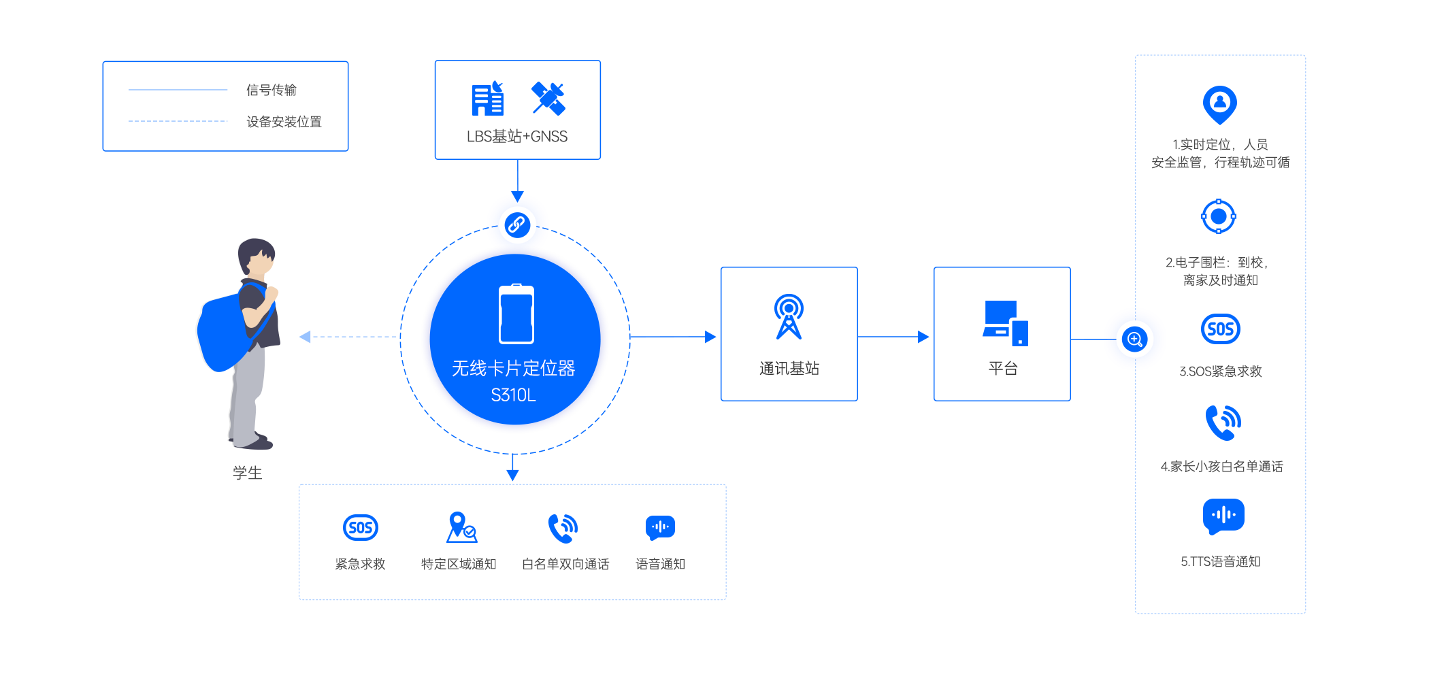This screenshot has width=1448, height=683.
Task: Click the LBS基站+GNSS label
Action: click(517, 137)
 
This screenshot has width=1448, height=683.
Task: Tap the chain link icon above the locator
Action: click(517, 224)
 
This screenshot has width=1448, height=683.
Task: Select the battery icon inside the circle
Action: click(516, 314)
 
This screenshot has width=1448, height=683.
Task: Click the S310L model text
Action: click(513, 395)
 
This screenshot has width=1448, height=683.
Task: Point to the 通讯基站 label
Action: click(789, 369)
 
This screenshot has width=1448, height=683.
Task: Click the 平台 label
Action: click(1002, 369)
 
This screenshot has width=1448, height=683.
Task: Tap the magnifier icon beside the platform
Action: click(1134, 339)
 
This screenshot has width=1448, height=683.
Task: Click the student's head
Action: click(256, 256)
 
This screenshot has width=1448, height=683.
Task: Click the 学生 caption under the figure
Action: click(247, 473)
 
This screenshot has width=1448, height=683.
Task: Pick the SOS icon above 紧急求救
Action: click(360, 527)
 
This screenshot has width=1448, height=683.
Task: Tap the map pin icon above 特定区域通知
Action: click(461, 527)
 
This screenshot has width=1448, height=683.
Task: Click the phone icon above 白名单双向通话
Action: click(563, 529)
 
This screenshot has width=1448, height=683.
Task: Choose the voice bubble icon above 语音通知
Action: click(660, 527)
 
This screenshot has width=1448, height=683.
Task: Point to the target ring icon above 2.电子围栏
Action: click(1218, 216)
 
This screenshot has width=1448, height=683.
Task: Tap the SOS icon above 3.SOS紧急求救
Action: click(1220, 329)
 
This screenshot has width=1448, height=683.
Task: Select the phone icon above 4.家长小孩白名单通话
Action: click(1223, 423)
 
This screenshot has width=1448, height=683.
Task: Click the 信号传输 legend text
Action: click(271, 90)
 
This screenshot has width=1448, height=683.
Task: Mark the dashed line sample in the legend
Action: click(178, 121)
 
